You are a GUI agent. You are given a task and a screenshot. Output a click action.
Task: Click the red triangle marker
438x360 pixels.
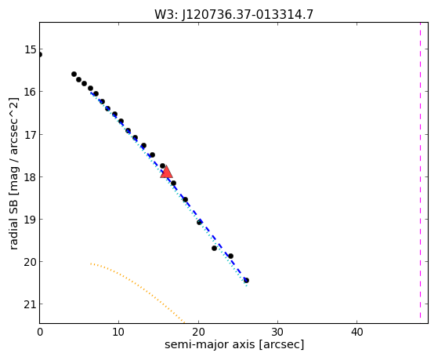166,172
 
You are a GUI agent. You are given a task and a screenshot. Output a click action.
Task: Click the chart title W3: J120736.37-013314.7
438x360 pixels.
233,14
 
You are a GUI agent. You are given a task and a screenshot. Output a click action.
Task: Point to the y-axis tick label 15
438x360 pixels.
31,49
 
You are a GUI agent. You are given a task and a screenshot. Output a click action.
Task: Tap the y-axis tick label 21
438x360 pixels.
31,304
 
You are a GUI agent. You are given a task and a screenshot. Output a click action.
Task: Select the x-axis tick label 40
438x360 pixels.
357,333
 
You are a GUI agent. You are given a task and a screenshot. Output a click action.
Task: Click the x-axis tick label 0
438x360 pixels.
40,333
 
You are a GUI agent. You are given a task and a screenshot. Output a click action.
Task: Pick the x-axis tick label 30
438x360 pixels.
277,333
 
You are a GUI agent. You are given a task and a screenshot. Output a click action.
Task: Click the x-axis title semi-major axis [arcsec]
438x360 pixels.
234,344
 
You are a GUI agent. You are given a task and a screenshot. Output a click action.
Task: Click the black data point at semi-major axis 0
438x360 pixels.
40,55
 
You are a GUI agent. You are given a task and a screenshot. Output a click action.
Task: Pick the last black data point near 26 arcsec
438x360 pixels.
246,280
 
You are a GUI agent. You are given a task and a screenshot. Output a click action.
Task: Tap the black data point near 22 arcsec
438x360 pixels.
214,248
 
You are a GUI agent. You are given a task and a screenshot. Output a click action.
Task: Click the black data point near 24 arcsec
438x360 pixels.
230,256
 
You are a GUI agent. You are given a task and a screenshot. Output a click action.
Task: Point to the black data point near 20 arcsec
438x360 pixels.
200,223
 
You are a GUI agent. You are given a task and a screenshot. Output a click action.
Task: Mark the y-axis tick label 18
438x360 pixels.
31,177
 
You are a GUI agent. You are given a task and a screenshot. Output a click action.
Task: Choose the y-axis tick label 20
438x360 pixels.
31,263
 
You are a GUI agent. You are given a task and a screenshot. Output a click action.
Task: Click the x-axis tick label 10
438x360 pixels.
119,333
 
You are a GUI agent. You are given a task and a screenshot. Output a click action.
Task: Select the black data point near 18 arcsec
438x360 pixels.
185,200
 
